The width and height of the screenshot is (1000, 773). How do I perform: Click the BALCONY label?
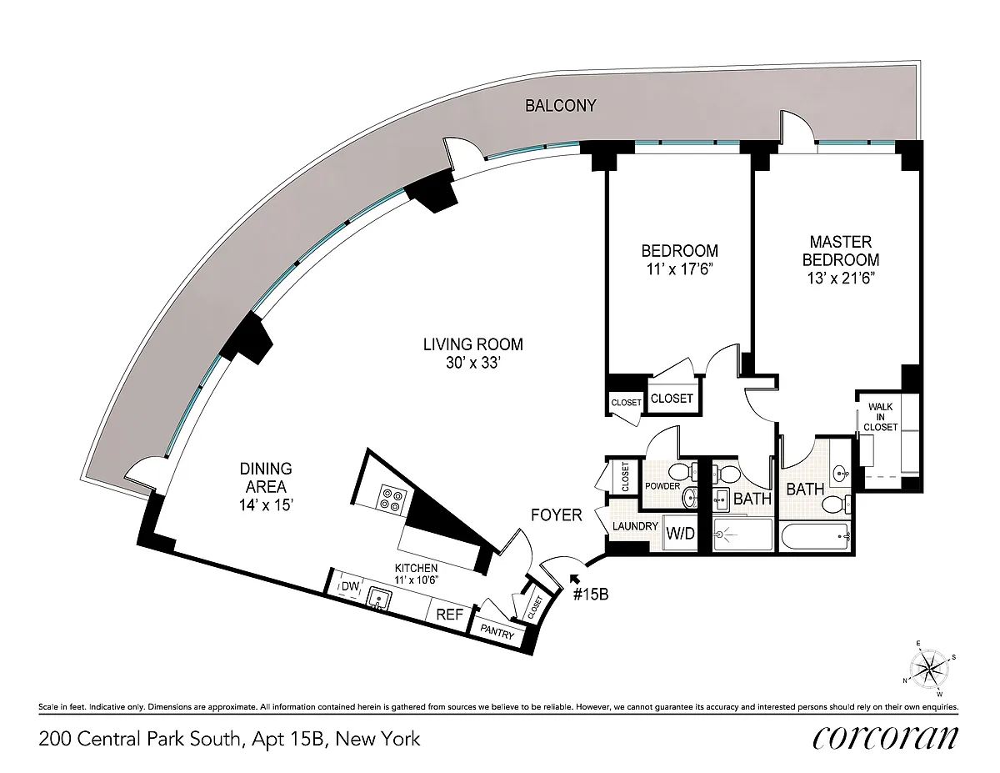[561, 106]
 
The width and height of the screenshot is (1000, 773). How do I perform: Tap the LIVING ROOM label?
[473, 344]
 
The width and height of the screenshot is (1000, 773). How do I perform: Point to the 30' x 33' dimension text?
[473, 363]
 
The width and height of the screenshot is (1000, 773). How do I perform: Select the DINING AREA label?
[266, 478]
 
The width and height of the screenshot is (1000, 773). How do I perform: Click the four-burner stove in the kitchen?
[392, 499]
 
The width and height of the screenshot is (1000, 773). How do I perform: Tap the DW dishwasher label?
[350, 586]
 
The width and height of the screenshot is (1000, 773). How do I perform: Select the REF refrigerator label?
[450, 615]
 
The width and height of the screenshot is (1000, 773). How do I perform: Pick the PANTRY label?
[497, 632]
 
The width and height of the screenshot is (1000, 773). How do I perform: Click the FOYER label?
[557, 515]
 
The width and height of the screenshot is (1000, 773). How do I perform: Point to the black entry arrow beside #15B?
[574, 578]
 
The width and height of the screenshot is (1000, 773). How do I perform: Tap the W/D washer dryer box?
[680, 533]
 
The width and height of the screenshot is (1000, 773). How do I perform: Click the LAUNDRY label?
[635, 526]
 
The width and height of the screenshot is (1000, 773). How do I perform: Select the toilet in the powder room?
[681, 471]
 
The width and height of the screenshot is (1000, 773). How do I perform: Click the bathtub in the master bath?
[816, 536]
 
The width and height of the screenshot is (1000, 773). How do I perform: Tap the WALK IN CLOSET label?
[880, 417]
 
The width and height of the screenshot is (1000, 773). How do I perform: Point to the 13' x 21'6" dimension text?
[841, 279]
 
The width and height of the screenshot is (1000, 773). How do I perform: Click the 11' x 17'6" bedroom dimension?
[680, 269]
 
